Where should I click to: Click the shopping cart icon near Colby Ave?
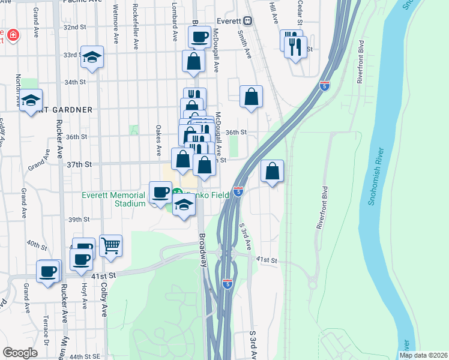point(110,245)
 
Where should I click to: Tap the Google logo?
point(20,353)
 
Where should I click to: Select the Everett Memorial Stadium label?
point(113,199)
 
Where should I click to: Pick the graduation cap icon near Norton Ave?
point(30,101)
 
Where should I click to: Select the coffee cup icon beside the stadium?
point(160,192)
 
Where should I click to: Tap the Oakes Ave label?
point(158,138)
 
